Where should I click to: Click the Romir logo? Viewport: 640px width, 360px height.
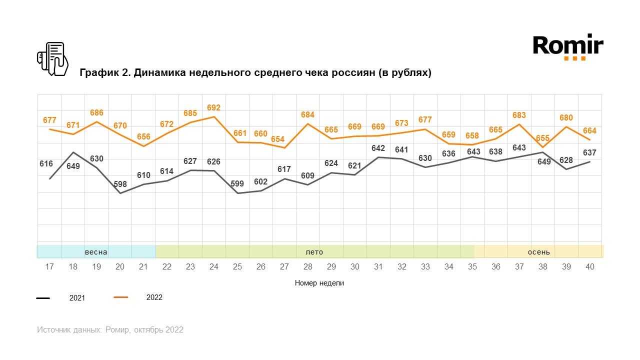coord(568,47)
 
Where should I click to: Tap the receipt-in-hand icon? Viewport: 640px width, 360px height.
coord(53,59)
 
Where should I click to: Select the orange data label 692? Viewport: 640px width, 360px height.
coord(213,107)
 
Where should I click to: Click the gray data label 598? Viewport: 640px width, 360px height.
coord(120,184)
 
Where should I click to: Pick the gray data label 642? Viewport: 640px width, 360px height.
coord(378,148)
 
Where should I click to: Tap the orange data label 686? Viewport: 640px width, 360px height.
coord(96,113)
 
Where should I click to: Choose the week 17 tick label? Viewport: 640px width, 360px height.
coord(49,267)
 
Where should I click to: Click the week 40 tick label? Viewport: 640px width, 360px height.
coord(590,267)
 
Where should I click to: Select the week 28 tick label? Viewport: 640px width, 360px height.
coord(308,267)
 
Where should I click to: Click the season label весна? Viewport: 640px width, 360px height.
coord(96,251)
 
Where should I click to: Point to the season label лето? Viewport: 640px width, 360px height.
coord(314,251)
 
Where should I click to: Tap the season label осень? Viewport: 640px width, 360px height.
coord(539,251)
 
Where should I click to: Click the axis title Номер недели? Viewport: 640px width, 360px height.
coord(319,283)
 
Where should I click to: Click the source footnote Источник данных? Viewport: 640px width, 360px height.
coord(110,330)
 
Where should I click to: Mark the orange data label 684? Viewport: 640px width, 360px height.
coord(308,115)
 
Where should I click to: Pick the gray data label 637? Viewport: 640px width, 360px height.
coord(590,152)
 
